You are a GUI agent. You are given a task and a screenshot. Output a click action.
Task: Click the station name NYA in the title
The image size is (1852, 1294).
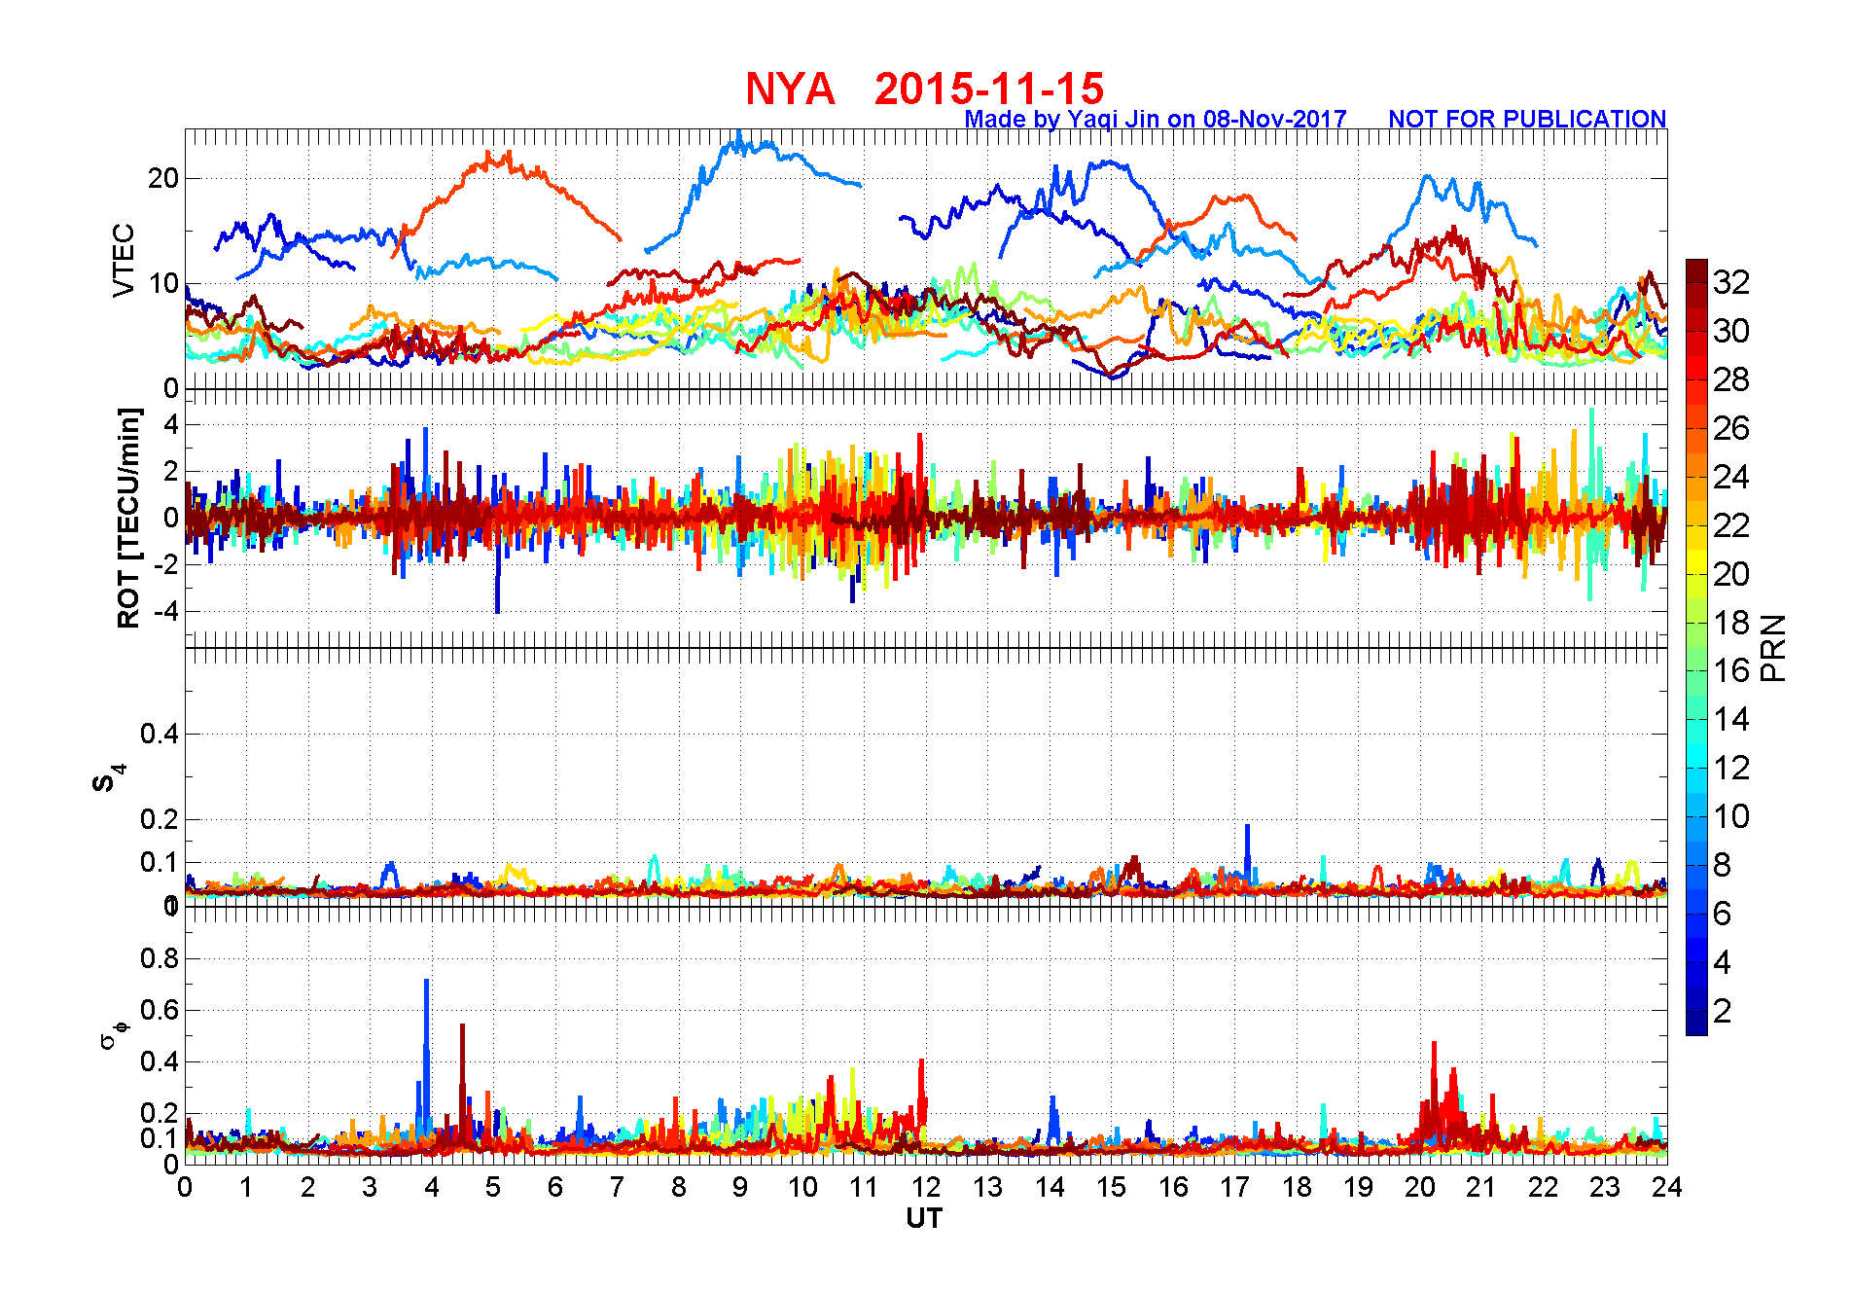790,90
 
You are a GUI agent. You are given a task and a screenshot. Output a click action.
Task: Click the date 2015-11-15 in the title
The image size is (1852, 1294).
988,90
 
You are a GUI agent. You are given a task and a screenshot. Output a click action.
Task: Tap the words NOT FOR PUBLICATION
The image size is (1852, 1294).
1526,120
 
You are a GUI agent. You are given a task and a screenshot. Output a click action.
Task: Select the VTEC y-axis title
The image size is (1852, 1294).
124,260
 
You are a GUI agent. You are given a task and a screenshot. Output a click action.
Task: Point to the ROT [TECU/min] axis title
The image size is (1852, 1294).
128,518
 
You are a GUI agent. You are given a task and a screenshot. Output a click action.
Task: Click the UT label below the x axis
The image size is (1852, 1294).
924,1218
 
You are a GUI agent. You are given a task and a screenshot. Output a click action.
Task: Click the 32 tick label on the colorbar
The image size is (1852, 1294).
1731,282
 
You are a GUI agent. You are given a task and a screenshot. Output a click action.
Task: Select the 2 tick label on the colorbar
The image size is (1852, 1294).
1723,1011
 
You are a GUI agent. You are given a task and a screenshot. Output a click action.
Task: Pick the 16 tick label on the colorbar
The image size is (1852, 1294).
1731,670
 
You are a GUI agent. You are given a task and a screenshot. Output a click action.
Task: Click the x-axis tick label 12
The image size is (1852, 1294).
925,1187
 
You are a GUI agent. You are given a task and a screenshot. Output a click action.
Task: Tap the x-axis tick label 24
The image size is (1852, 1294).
1666,1187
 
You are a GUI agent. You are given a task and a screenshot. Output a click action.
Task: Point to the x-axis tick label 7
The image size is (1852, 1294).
617,1187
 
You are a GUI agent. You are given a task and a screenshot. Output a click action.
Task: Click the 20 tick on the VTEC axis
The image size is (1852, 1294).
164,178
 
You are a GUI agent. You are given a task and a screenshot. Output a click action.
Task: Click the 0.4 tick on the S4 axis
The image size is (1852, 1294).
160,734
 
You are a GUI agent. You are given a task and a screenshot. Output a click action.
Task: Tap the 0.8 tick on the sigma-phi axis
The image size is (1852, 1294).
160,958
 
